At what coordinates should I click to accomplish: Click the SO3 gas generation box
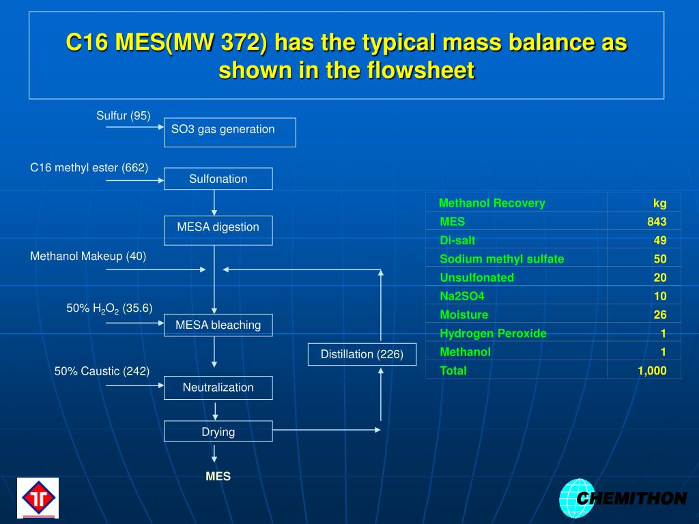click(229, 132)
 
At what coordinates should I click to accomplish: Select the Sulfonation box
click(218, 179)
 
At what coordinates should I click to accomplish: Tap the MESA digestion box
click(218, 230)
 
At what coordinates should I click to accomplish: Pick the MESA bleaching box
click(218, 325)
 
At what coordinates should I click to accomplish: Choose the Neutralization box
click(218, 388)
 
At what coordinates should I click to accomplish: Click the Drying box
click(218, 431)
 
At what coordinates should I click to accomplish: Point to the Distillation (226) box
click(362, 354)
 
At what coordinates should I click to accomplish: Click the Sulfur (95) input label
click(123, 115)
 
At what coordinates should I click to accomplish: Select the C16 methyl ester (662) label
click(89, 168)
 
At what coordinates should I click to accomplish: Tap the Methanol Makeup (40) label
click(88, 256)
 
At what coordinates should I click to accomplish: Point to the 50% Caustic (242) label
click(102, 371)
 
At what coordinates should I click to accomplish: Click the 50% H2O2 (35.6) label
click(109, 308)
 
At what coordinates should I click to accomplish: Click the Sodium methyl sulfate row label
click(502, 259)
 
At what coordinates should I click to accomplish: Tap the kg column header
click(659, 203)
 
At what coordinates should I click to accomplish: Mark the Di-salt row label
click(457, 240)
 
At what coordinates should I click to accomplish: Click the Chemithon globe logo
click(577, 498)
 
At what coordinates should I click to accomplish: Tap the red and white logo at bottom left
click(38, 497)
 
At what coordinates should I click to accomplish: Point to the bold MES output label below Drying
click(218, 476)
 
